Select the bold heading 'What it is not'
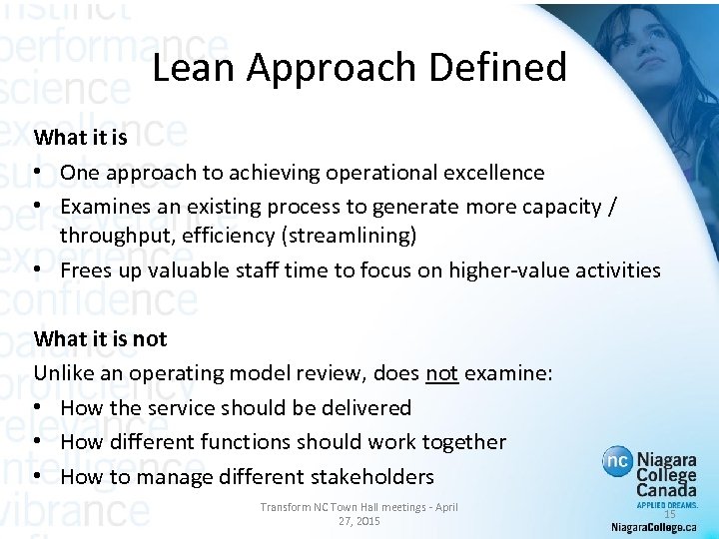tap(100, 338)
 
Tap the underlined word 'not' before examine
tap(441, 372)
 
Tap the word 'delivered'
tap(361, 407)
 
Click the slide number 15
tap(670, 514)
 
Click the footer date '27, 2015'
tap(359, 522)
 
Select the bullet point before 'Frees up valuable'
tap(40, 269)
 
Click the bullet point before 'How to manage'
tap(40, 476)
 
